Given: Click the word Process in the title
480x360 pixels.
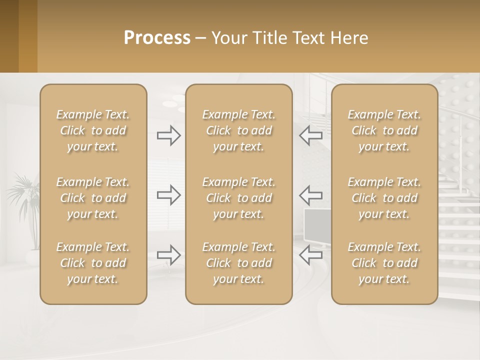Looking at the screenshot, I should (x=157, y=38).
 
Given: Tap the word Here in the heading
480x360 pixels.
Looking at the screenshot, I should (x=348, y=38).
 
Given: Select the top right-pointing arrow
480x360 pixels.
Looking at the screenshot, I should (x=168, y=135).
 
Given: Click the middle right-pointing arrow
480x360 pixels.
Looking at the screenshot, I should (x=168, y=194).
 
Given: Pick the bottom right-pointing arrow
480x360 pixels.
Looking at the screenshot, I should (x=168, y=254).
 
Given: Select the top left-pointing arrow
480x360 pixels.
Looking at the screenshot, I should (x=311, y=135).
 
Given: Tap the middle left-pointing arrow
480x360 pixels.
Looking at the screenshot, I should (x=311, y=194).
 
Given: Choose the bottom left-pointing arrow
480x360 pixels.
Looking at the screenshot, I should (x=311, y=254).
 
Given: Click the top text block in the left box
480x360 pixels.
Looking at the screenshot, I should (x=93, y=130).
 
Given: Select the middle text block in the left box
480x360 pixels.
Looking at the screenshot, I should (x=93, y=198).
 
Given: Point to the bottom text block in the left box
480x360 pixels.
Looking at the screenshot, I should (x=93, y=263).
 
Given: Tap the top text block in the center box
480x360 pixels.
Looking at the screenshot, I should (x=238, y=130).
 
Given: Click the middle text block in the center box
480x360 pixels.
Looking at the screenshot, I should (x=238, y=198).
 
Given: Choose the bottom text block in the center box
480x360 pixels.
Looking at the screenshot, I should (x=238, y=263).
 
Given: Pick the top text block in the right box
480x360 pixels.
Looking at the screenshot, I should (x=384, y=130).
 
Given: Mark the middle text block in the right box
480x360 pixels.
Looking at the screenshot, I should (x=384, y=198).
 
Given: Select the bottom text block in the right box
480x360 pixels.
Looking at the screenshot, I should (x=384, y=263).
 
